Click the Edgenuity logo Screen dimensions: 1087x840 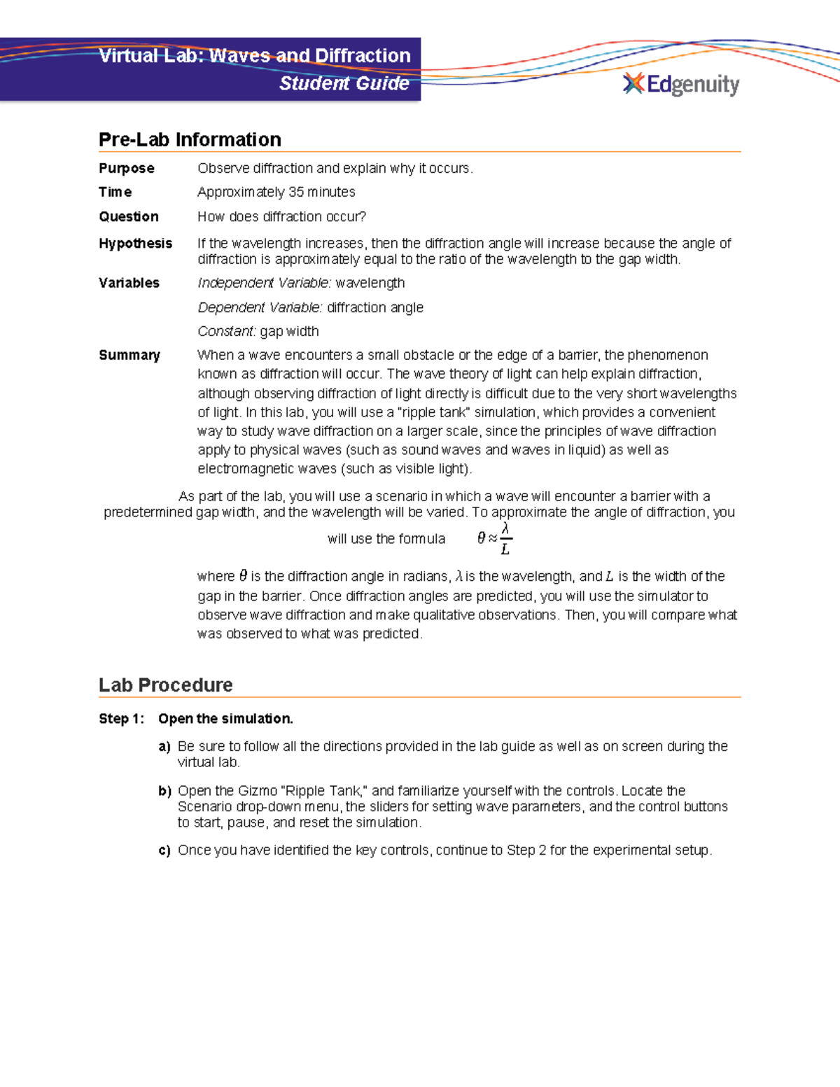coord(680,85)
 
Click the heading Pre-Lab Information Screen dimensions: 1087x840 coord(190,139)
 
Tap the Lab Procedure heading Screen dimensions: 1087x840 coord(165,685)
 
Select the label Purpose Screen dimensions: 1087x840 coord(126,168)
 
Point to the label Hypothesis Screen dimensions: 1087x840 coord(135,243)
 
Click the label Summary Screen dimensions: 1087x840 coord(129,355)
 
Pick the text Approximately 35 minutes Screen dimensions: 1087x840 coord(276,192)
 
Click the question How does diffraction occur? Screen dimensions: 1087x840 coord(281,216)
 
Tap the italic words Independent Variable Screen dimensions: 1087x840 coord(264,283)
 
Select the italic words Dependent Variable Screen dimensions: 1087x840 coord(260,307)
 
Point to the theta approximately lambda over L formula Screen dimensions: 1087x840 coord(495,538)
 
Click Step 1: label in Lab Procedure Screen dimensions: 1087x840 coord(121,719)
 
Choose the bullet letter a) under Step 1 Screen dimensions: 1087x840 coord(164,747)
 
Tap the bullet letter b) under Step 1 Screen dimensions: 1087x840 coord(164,791)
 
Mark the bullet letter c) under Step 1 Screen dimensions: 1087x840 coord(164,850)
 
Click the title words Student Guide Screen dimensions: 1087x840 coord(344,83)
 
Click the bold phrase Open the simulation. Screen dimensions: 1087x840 coord(225,719)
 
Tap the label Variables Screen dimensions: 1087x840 coord(129,283)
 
